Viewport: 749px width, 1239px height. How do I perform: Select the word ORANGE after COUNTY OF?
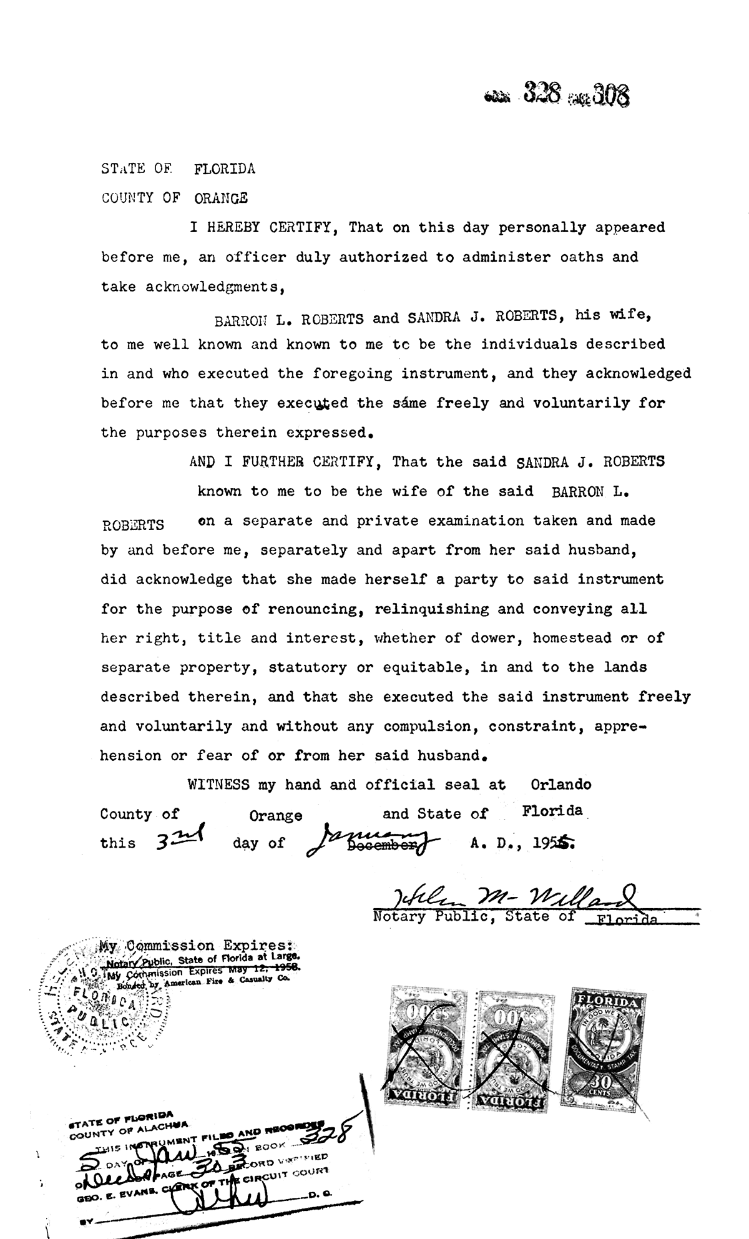pos(221,198)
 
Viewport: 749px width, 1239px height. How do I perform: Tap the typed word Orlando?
pos(561,784)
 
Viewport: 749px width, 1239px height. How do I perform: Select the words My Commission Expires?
pos(197,946)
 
